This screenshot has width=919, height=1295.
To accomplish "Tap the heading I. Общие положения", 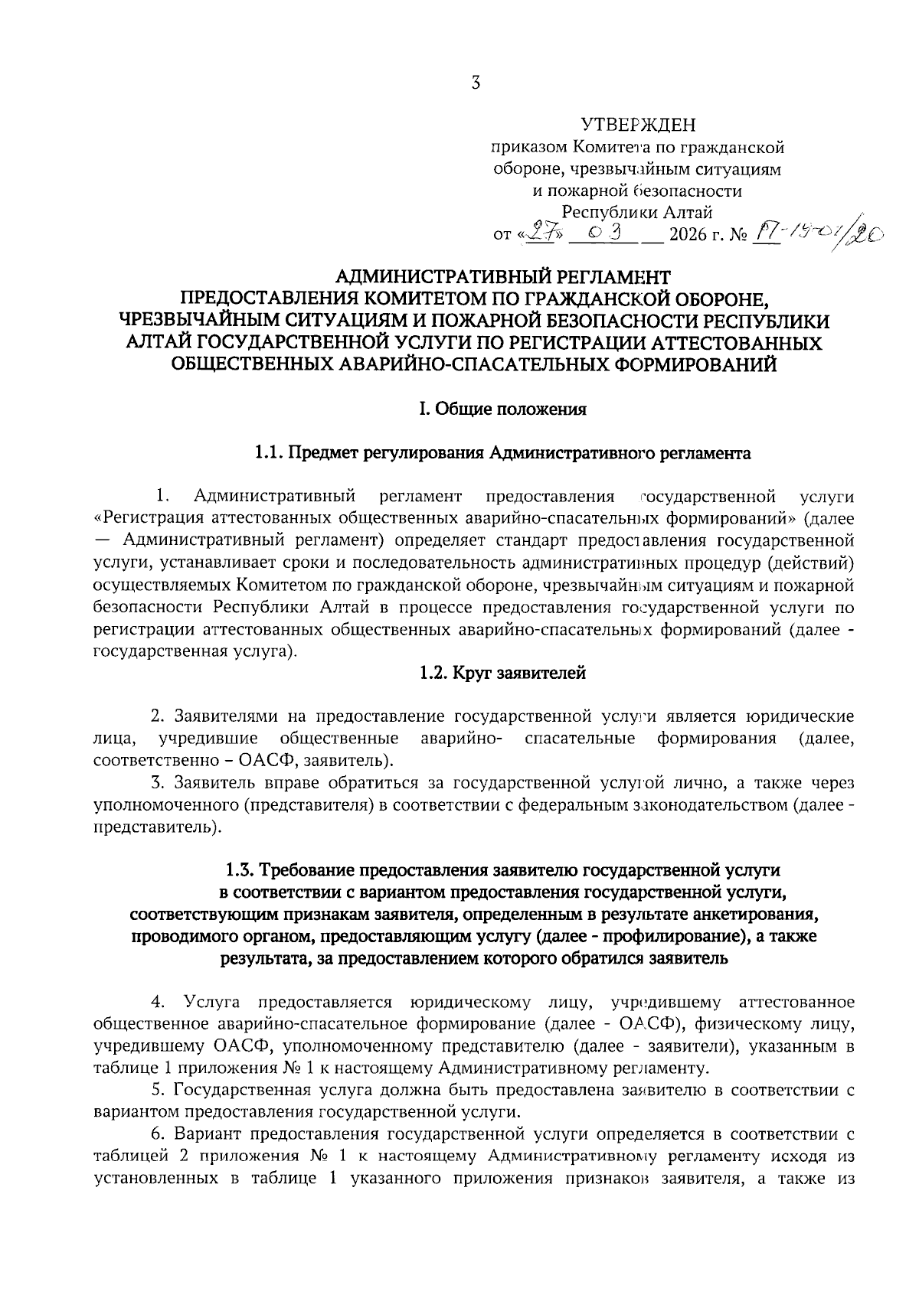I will coord(502,409).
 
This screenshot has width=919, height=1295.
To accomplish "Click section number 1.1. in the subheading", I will coord(270,454).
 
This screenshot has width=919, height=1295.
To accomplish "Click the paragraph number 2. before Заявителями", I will coord(158,717).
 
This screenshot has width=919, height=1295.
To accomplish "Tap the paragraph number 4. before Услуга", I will coord(159,1002).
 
